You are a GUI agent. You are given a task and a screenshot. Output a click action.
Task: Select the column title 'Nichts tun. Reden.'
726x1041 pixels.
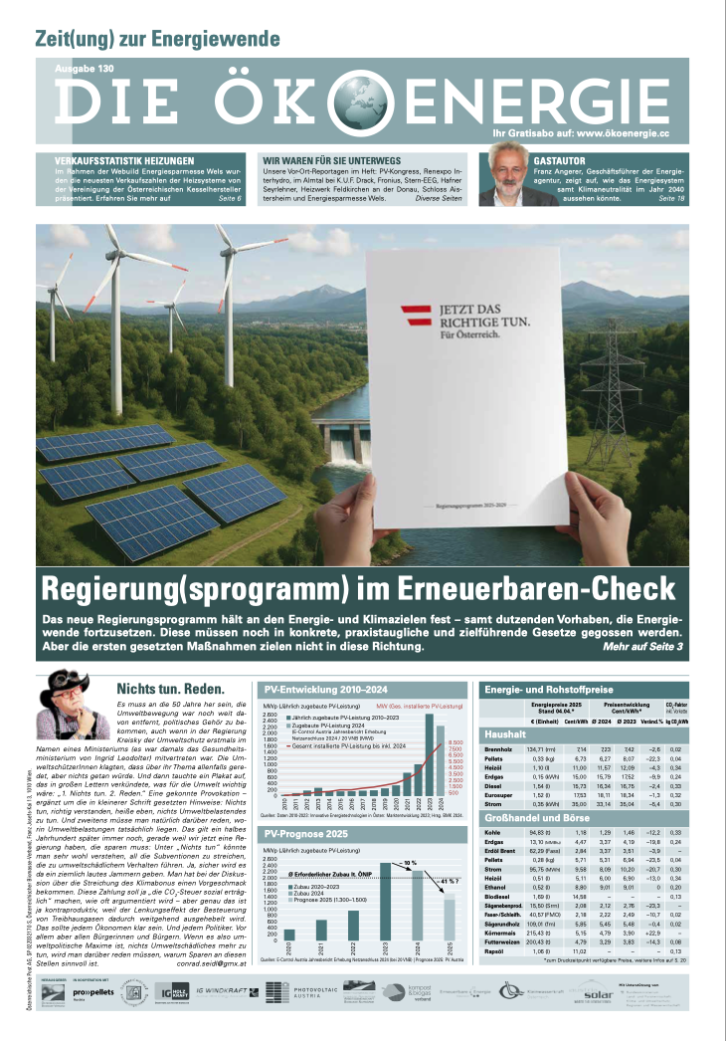170,689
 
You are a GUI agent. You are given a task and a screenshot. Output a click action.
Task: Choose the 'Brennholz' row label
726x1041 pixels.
497,747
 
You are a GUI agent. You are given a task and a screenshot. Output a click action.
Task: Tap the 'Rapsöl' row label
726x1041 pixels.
496,951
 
